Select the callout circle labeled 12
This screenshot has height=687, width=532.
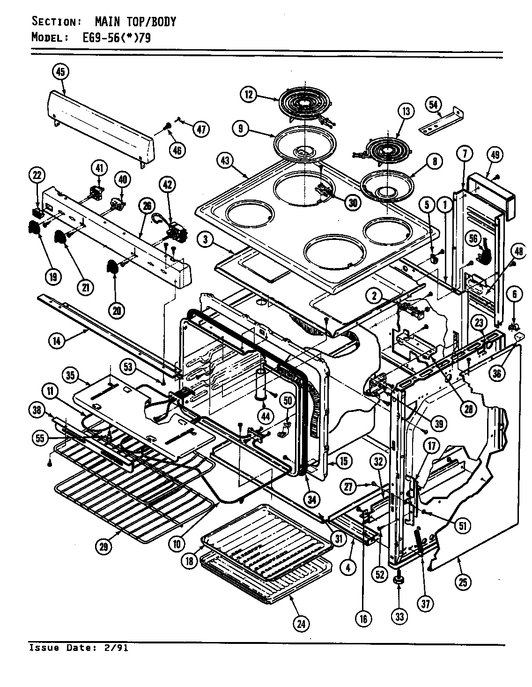coord(249,95)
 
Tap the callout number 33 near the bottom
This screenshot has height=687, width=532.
coord(399,617)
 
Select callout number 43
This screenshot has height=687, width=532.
coord(225,161)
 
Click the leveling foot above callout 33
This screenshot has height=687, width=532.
coord(399,581)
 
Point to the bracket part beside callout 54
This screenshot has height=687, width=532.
coord(440,122)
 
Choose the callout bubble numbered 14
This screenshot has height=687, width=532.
coord(57,341)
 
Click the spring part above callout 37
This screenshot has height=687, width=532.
coord(419,539)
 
